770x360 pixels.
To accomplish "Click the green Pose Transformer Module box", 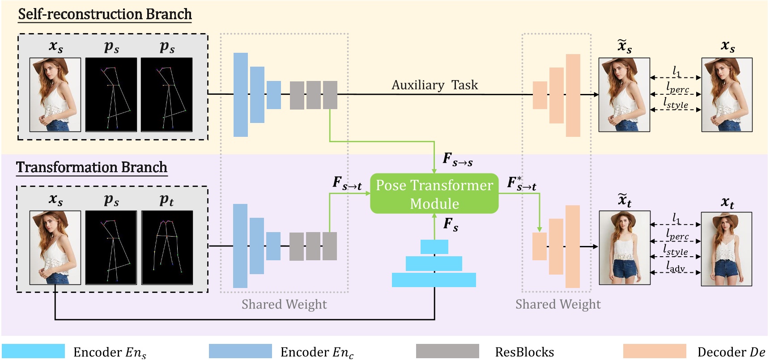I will point(434,194).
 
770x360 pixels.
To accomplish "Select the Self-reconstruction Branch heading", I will point(105,14).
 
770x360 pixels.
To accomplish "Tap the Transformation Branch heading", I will point(92,167).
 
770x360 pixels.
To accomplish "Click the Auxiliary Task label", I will point(434,85).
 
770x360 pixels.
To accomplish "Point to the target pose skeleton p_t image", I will point(167,247).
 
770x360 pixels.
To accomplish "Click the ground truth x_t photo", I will point(726,249).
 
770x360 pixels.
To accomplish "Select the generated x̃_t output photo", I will point(624,248).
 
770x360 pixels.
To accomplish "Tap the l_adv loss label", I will point(675,267).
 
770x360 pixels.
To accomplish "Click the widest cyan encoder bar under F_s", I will point(434,280).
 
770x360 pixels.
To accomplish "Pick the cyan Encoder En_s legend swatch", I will point(34,351).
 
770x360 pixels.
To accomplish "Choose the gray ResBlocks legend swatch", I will point(447,351).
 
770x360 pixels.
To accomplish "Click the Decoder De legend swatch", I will point(654,351).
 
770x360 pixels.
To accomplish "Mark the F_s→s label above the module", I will point(457,159).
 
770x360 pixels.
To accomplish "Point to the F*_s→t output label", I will point(521,183).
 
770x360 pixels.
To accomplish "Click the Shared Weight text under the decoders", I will point(557,305).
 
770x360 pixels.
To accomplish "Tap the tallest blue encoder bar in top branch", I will point(241,94).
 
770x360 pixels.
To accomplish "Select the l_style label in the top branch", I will point(676,103).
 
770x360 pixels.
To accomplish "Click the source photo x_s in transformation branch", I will point(55,247).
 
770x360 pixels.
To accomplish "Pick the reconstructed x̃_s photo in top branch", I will point(624,94).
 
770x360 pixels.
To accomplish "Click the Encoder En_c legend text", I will point(317,352).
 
